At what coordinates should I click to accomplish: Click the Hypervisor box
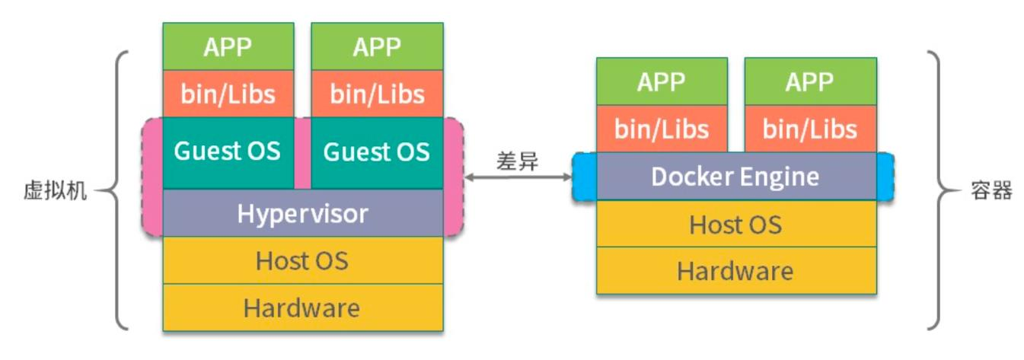(x=303, y=213)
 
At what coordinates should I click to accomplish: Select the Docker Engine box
(x=735, y=177)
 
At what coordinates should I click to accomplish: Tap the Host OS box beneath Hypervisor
(x=303, y=260)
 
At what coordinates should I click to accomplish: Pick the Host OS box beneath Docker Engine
(x=735, y=225)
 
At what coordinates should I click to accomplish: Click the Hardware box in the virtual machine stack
(x=303, y=307)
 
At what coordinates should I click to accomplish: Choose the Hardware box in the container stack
(x=735, y=271)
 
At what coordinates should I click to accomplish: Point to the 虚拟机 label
(x=55, y=191)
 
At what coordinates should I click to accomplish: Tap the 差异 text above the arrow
(x=517, y=162)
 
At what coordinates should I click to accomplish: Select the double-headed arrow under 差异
(x=518, y=177)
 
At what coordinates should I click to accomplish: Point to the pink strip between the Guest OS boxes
(x=302, y=152)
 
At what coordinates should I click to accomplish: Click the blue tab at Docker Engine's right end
(x=885, y=177)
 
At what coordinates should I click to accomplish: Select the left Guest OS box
(x=228, y=151)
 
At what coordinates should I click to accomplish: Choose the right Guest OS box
(x=377, y=151)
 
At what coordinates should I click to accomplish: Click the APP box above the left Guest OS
(x=228, y=46)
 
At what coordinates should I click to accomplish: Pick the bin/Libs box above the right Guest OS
(x=377, y=94)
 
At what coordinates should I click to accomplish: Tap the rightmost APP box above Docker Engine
(x=810, y=81)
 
